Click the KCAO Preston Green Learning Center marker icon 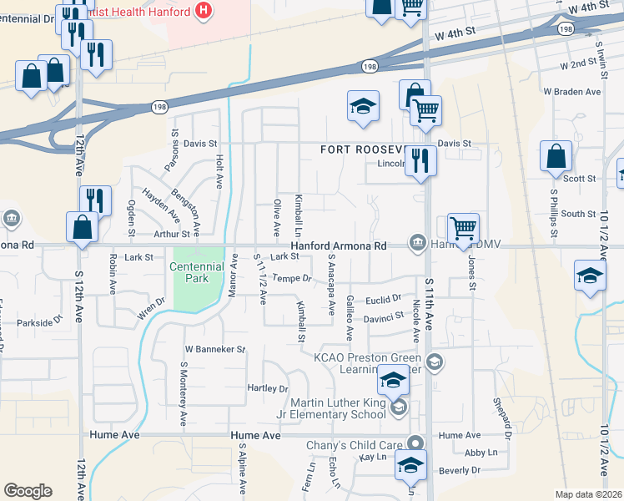pyautogui.click(x=433, y=362)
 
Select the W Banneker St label pyautogui.click(x=214, y=349)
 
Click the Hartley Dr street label pyautogui.click(x=267, y=389)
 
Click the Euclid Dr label pyautogui.click(x=385, y=298)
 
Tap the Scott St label pyautogui.click(x=579, y=179)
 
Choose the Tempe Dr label pyautogui.click(x=291, y=278)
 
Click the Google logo pyautogui.click(x=28, y=491)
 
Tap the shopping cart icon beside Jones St pyautogui.click(x=463, y=227)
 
